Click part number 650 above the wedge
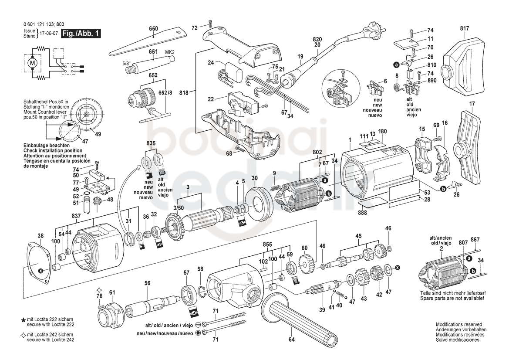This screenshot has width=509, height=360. click(x=154, y=29)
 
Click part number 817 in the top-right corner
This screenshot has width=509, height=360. click(x=465, y=28)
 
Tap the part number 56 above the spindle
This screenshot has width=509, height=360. click(x=147, y=283)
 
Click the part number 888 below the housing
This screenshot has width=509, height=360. click(x=362, y=213)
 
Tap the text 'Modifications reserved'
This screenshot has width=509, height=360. click(x=458, y=324)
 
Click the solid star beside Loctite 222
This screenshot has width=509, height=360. click(x=24, y=320)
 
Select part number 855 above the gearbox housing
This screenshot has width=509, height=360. click(x=267, y=245)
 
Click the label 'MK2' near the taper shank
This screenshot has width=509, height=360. click(x=170, y=52)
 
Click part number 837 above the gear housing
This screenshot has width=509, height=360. click(x=76, y=216)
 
